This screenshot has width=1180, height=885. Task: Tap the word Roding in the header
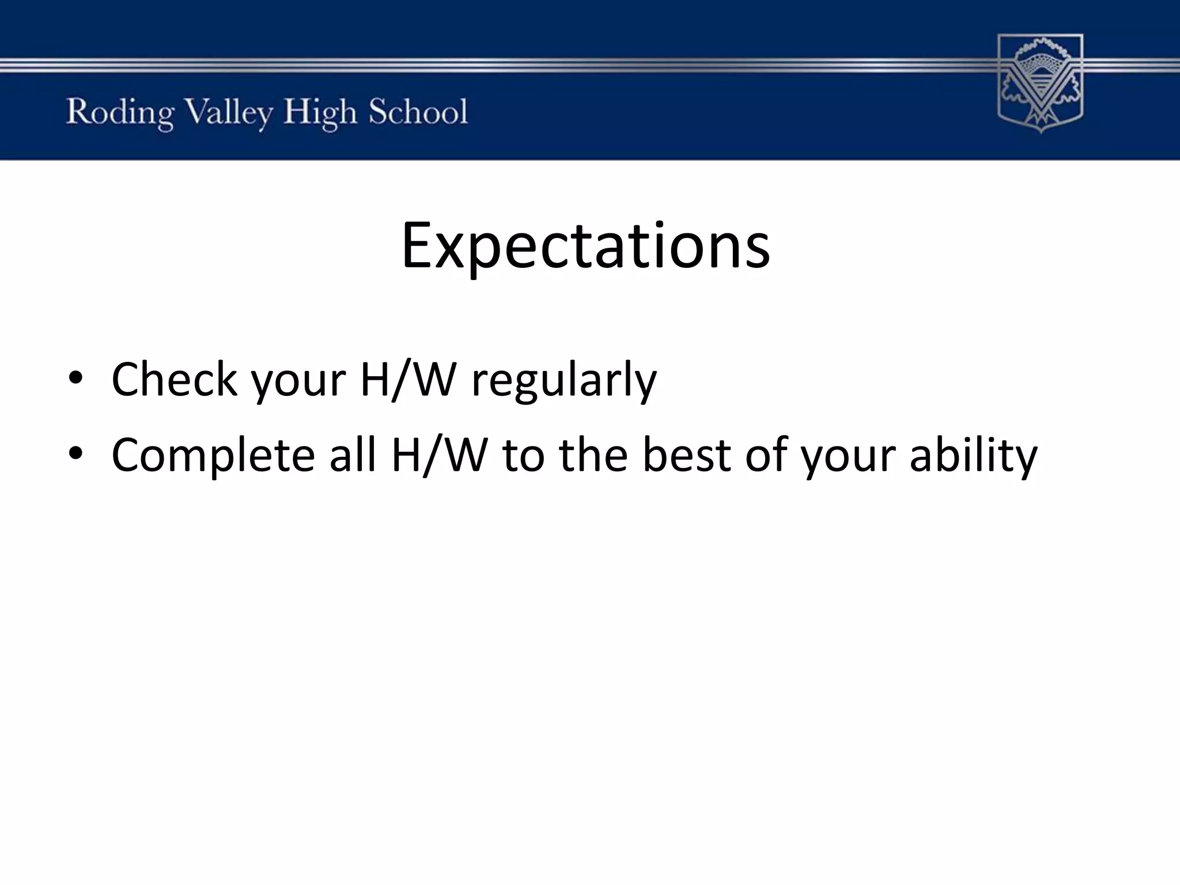pos(119,113)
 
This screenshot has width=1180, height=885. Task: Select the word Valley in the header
pos(229,113)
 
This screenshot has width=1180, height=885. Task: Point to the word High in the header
pos(320,113)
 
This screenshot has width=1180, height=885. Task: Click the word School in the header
pos(418,112)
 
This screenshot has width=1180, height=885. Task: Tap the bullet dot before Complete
pos(76,455)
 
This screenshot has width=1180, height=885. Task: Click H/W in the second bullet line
pos(440,455)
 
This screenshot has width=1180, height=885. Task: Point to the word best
pos(686,455)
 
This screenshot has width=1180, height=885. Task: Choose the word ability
pos(973,457)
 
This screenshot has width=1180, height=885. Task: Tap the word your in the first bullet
pos(299,384)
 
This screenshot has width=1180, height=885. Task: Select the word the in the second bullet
pos(593,455)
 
